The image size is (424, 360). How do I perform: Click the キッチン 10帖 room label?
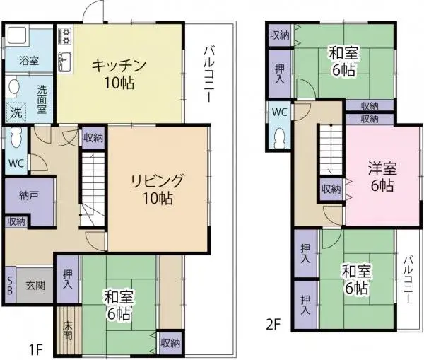tap(118, 74)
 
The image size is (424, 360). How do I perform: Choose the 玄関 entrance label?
tap(35, 285)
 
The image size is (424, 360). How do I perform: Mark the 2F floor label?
tap(274, 326)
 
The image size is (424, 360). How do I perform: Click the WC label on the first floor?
tap(16, 163)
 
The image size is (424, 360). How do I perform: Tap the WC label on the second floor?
tap(279, 111)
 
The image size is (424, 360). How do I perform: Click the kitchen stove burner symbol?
tap(65, 34)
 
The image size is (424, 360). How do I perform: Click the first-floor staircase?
tap(91, 187)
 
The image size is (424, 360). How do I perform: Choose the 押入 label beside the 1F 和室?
tap(67, 280)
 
